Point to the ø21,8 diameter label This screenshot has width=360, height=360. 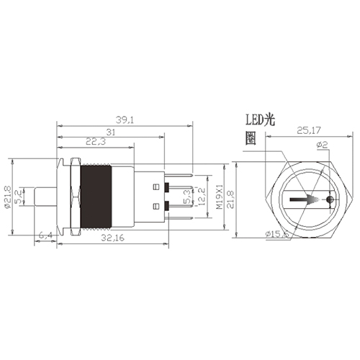point(7,194)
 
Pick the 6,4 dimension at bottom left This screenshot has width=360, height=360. point(45,235)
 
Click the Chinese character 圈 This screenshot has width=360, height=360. point(250,140)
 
